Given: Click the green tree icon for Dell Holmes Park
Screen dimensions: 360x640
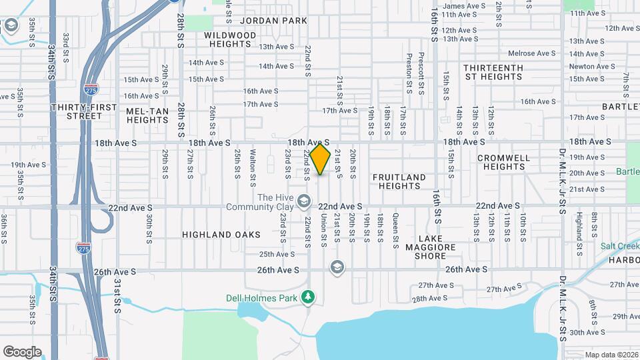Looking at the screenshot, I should [307, 296].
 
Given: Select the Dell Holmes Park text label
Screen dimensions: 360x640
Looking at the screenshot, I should [269, 298].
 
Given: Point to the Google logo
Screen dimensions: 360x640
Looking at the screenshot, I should [22, 351].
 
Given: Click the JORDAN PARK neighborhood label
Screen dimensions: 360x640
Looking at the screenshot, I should [273, 21].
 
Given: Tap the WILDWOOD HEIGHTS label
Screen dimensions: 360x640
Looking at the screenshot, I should [227, 39].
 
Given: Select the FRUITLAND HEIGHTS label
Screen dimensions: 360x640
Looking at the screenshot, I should [399, 181].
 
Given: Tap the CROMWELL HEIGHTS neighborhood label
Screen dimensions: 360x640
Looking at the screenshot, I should [503, 162].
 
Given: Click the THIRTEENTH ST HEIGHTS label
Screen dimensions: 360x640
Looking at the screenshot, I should [493, 72].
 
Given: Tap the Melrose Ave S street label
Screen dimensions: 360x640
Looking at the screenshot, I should [531, 53].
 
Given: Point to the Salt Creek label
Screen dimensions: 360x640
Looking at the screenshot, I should [619, 245].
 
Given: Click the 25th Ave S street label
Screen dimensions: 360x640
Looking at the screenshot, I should [277, 254].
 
